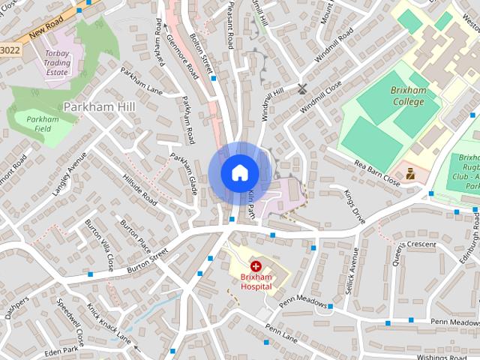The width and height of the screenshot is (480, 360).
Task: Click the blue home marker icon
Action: tap(239, 172)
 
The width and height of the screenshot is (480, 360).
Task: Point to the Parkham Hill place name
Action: tap(99, 106)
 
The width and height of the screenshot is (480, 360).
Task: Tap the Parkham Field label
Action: tap(42, 124)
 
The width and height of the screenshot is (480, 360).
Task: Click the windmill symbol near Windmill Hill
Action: tap(302, 88)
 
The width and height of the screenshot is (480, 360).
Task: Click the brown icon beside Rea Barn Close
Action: tap(410, 173)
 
